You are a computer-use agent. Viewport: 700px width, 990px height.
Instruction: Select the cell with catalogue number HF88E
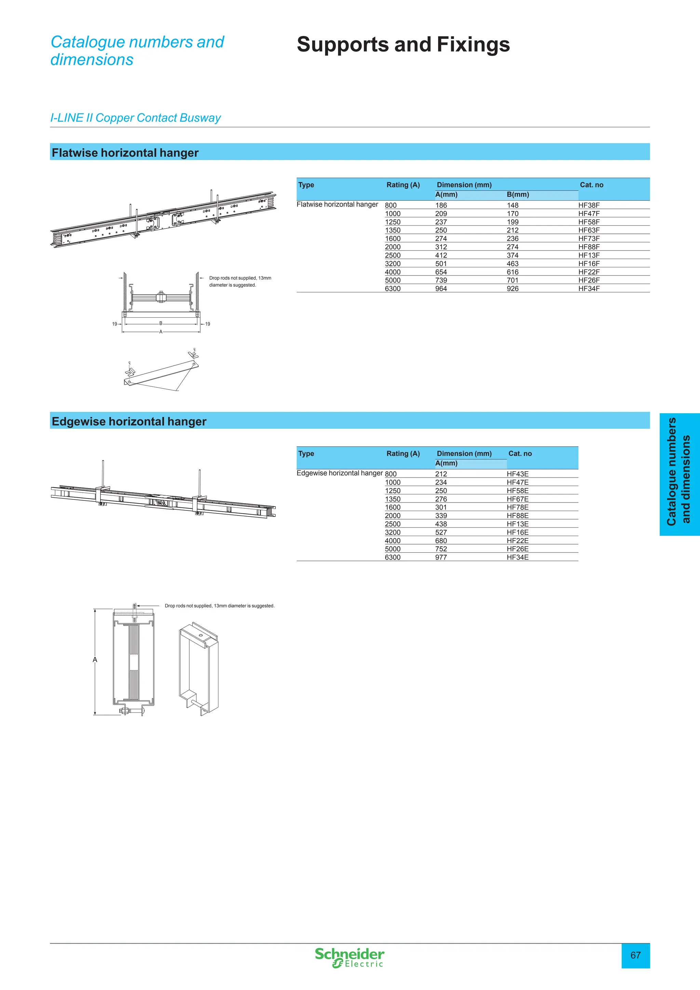pyautogui.click(x=517, y=516)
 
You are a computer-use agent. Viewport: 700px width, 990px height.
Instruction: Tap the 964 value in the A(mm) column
pyautogui.click(x=441, y=289)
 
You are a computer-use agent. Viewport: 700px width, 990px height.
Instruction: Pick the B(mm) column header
pyautogui.click(x=518, y=195)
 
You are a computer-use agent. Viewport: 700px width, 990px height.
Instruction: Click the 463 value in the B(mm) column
pyautogui.click(x=512, y=264)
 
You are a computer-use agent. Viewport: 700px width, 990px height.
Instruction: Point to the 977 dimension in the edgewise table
pyautogui.click(x=441, y=558)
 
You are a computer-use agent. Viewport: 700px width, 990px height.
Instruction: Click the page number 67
pyautogui.click(x=635, y=955)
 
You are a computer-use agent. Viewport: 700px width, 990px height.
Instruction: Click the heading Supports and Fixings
pyautogui.click(x=403, y=44)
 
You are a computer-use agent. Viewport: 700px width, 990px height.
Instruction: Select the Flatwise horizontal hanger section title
pyautogui.click(x=125, y=153)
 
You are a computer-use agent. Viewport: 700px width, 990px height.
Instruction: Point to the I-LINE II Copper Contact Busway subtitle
pyautogui.click(x=135, y=118)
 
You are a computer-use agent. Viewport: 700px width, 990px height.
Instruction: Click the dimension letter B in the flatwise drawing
pyautogui.click(x=161, y=323)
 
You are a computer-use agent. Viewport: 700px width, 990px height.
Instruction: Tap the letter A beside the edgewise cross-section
pyautogui.click(x=95, y=660)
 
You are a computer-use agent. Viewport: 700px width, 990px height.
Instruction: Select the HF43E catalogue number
pyautogui.click(x=517, y=474)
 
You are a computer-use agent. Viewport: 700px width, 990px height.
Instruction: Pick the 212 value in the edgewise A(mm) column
pyautogui.click(x=441, y=474)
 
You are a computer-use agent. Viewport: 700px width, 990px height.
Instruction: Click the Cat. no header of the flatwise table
pyautogui.click(x=591, y=185)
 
